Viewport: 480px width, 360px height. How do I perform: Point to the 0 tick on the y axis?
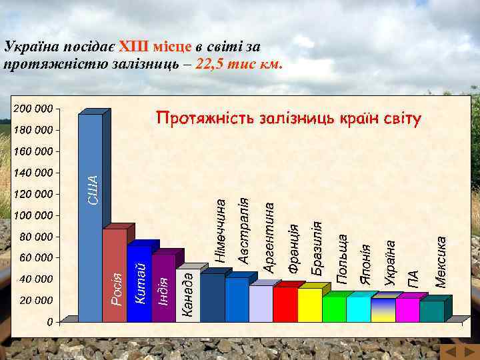point(49,322)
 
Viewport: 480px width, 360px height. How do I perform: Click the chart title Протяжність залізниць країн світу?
point(289,119)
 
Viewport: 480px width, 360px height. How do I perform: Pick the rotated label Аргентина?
point(269,238)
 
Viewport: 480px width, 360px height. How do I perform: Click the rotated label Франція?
point(293,247)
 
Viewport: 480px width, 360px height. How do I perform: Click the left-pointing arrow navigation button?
point(450,351)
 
